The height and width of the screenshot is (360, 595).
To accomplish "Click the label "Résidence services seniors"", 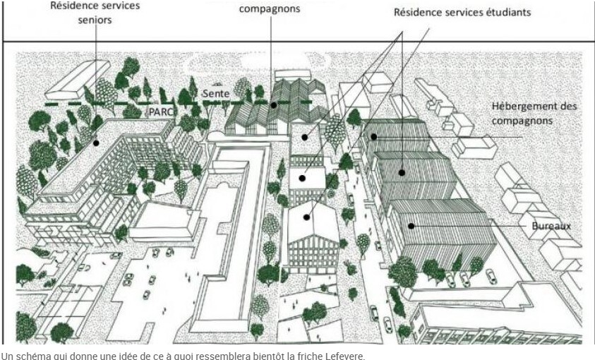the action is (x=95, y=12).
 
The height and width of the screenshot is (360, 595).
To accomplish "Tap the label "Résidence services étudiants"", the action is (x=462, y=13).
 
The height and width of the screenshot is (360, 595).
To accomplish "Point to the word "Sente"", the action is (x=216, y=93).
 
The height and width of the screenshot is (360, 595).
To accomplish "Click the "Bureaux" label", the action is (x=551, y=226).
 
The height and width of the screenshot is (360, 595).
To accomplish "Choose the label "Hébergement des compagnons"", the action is (x=534, y=114).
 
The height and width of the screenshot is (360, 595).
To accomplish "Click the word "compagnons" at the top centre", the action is (x=270, y=8).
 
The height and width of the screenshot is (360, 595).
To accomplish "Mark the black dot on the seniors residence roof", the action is (x=96, y=143).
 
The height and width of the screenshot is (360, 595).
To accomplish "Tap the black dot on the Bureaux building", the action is (x=411, y=226).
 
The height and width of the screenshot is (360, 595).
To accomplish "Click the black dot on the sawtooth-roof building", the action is (x=273, y=105).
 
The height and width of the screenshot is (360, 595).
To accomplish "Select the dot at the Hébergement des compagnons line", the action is (x=374, y=136).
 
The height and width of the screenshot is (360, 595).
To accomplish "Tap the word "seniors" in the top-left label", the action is (x=95, y=20).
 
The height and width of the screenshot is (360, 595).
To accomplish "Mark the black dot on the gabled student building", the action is (x=306, y=217).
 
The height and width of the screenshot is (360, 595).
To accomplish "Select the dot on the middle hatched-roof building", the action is (x=402, y=173).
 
